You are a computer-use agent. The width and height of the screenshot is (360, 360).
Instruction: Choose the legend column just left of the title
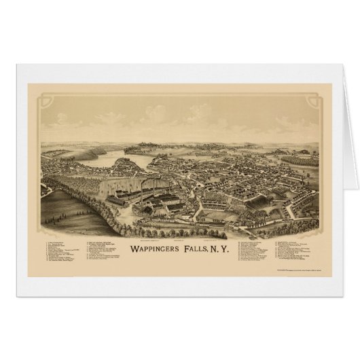click(x=109, y=251)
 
